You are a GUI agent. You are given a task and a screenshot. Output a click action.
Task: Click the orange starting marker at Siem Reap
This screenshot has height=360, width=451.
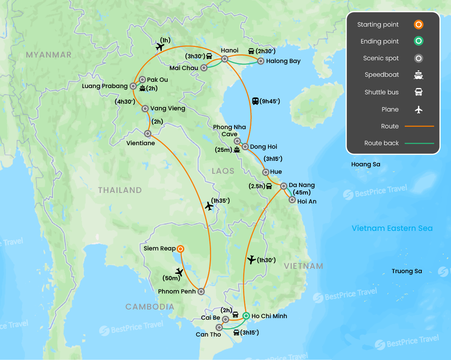click(180, 249)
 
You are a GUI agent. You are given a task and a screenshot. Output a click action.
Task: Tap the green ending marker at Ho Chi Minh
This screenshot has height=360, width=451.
click(246, 316)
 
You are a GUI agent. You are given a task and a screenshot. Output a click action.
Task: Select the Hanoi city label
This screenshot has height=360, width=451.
click(229, 50)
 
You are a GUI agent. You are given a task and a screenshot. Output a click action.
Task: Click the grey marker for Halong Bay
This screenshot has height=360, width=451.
click(261, 61)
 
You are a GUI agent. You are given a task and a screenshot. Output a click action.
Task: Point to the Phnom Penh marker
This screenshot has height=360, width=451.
click(201, 292)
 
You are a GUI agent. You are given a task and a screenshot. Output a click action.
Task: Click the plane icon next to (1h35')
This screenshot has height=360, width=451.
click(209, 205)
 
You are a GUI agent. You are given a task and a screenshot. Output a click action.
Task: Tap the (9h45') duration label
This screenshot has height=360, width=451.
click(271, 101)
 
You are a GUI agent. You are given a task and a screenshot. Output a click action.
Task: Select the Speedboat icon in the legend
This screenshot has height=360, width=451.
click(419, 75)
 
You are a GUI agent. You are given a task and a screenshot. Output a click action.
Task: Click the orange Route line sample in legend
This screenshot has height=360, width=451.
click(419, 126)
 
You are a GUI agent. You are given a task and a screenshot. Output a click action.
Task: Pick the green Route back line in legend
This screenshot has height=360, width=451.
click(419, 143)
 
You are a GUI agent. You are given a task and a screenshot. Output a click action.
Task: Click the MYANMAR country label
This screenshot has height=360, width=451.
click(49, 55)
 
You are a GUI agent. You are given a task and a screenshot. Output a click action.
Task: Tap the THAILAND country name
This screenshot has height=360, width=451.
click(120, 190)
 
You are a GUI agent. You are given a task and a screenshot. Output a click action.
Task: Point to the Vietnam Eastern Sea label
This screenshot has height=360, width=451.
click(392, 228)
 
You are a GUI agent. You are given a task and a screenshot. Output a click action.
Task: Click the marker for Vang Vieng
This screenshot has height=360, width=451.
click(145, 109)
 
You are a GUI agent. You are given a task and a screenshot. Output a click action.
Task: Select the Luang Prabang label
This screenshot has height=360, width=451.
click(105, 86)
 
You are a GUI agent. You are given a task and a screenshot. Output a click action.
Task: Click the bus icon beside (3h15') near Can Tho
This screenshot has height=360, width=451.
click(236, 333)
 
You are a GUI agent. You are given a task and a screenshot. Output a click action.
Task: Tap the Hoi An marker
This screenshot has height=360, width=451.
click(292, 200)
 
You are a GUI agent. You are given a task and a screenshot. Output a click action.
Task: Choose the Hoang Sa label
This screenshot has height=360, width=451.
click(365, 164)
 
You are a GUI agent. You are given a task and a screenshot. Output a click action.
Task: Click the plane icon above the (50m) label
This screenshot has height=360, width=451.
click(179, 272)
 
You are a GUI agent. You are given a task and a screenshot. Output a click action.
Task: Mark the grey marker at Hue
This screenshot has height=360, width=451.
click(265, 172)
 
